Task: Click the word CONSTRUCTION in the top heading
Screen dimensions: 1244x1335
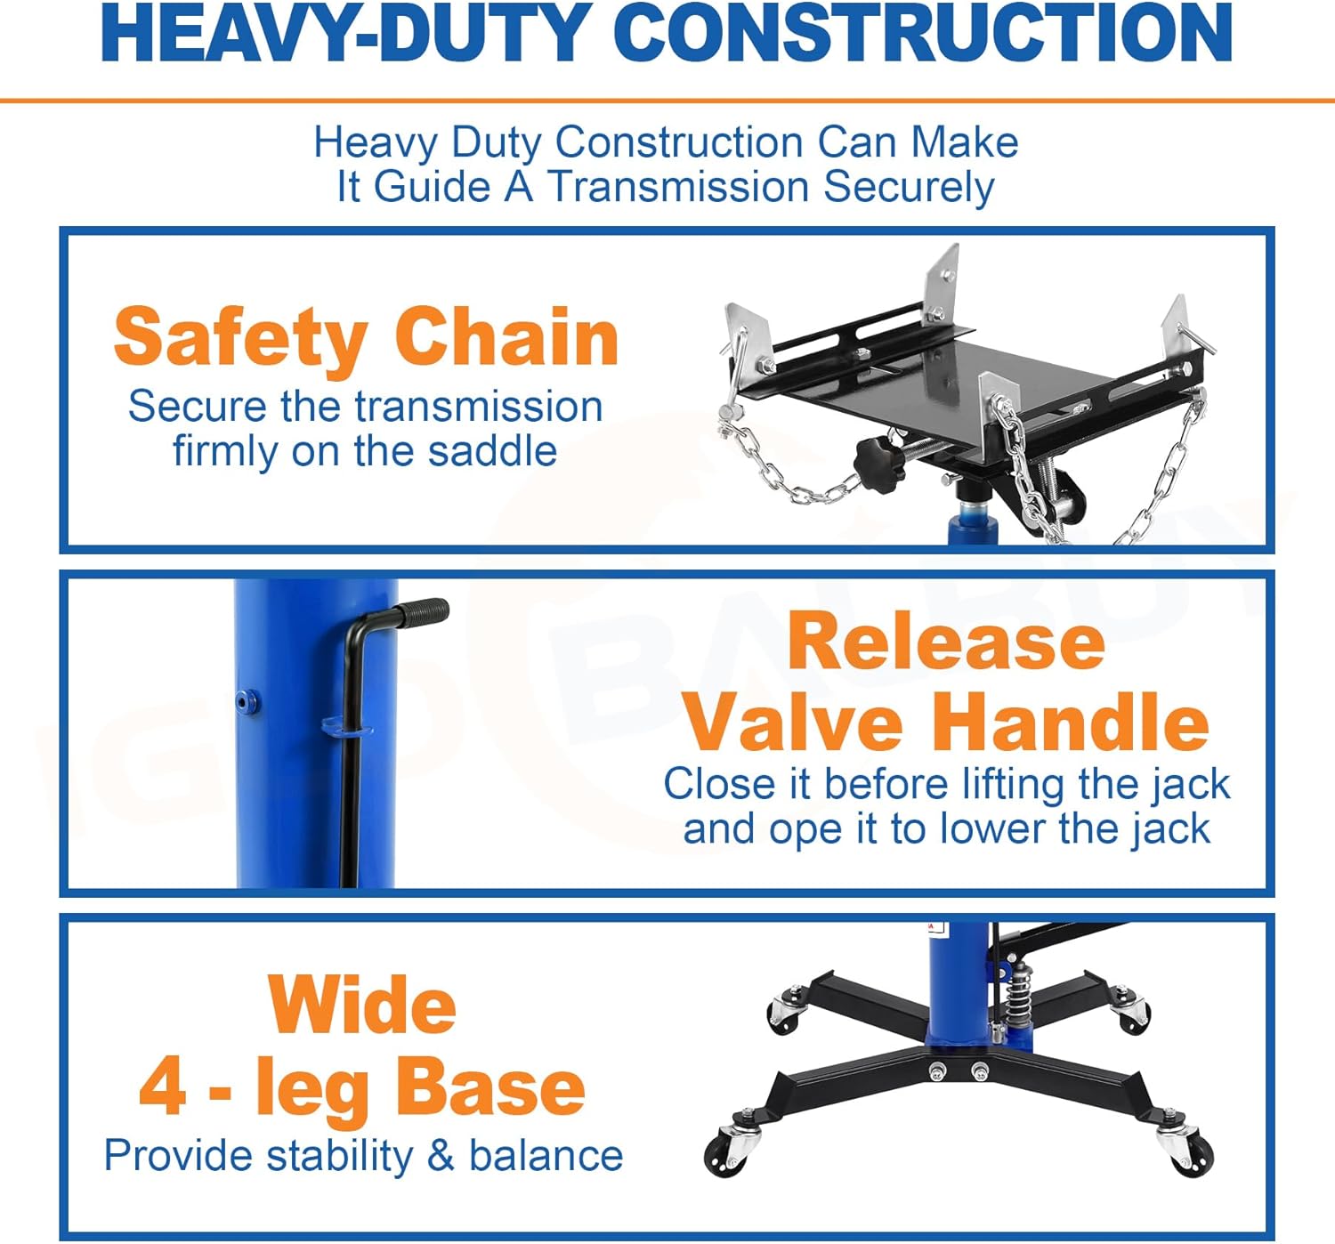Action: (x=922, y=33)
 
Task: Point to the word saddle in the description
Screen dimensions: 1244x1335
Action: (x=492, y=451)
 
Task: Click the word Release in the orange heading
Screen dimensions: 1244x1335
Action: (x=946, y=642)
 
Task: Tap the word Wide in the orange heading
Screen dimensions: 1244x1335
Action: (x=361, y=1005)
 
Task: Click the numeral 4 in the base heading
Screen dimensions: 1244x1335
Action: (x=163, y=1086)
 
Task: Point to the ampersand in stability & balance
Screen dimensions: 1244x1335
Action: (x=441, y=1156)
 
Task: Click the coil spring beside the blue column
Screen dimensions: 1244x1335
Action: (x=1019, y=996)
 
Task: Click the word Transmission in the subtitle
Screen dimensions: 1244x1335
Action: (x=679, y=187)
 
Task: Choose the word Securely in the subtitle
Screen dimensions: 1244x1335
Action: (x=909, y=187)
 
